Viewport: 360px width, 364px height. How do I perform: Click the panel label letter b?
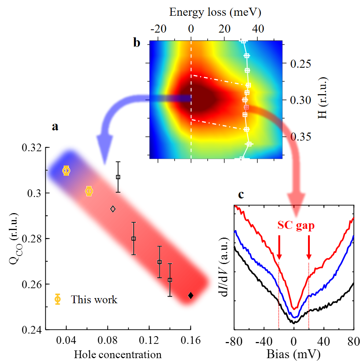point(137,43)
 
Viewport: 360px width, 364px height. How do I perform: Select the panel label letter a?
point(55,127)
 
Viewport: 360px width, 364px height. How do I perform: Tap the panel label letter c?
point(241,195)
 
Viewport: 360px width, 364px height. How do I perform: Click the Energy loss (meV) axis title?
point(215,12)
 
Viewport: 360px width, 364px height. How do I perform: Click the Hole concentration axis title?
point(118,354)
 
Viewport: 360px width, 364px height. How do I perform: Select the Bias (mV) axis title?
point(294,354)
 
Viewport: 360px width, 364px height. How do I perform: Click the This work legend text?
point(94,300)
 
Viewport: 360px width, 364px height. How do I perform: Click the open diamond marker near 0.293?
point(113,209)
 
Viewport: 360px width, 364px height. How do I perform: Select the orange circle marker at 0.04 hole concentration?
point(66,170)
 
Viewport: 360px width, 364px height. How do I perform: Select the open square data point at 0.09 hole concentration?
point(118,177)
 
